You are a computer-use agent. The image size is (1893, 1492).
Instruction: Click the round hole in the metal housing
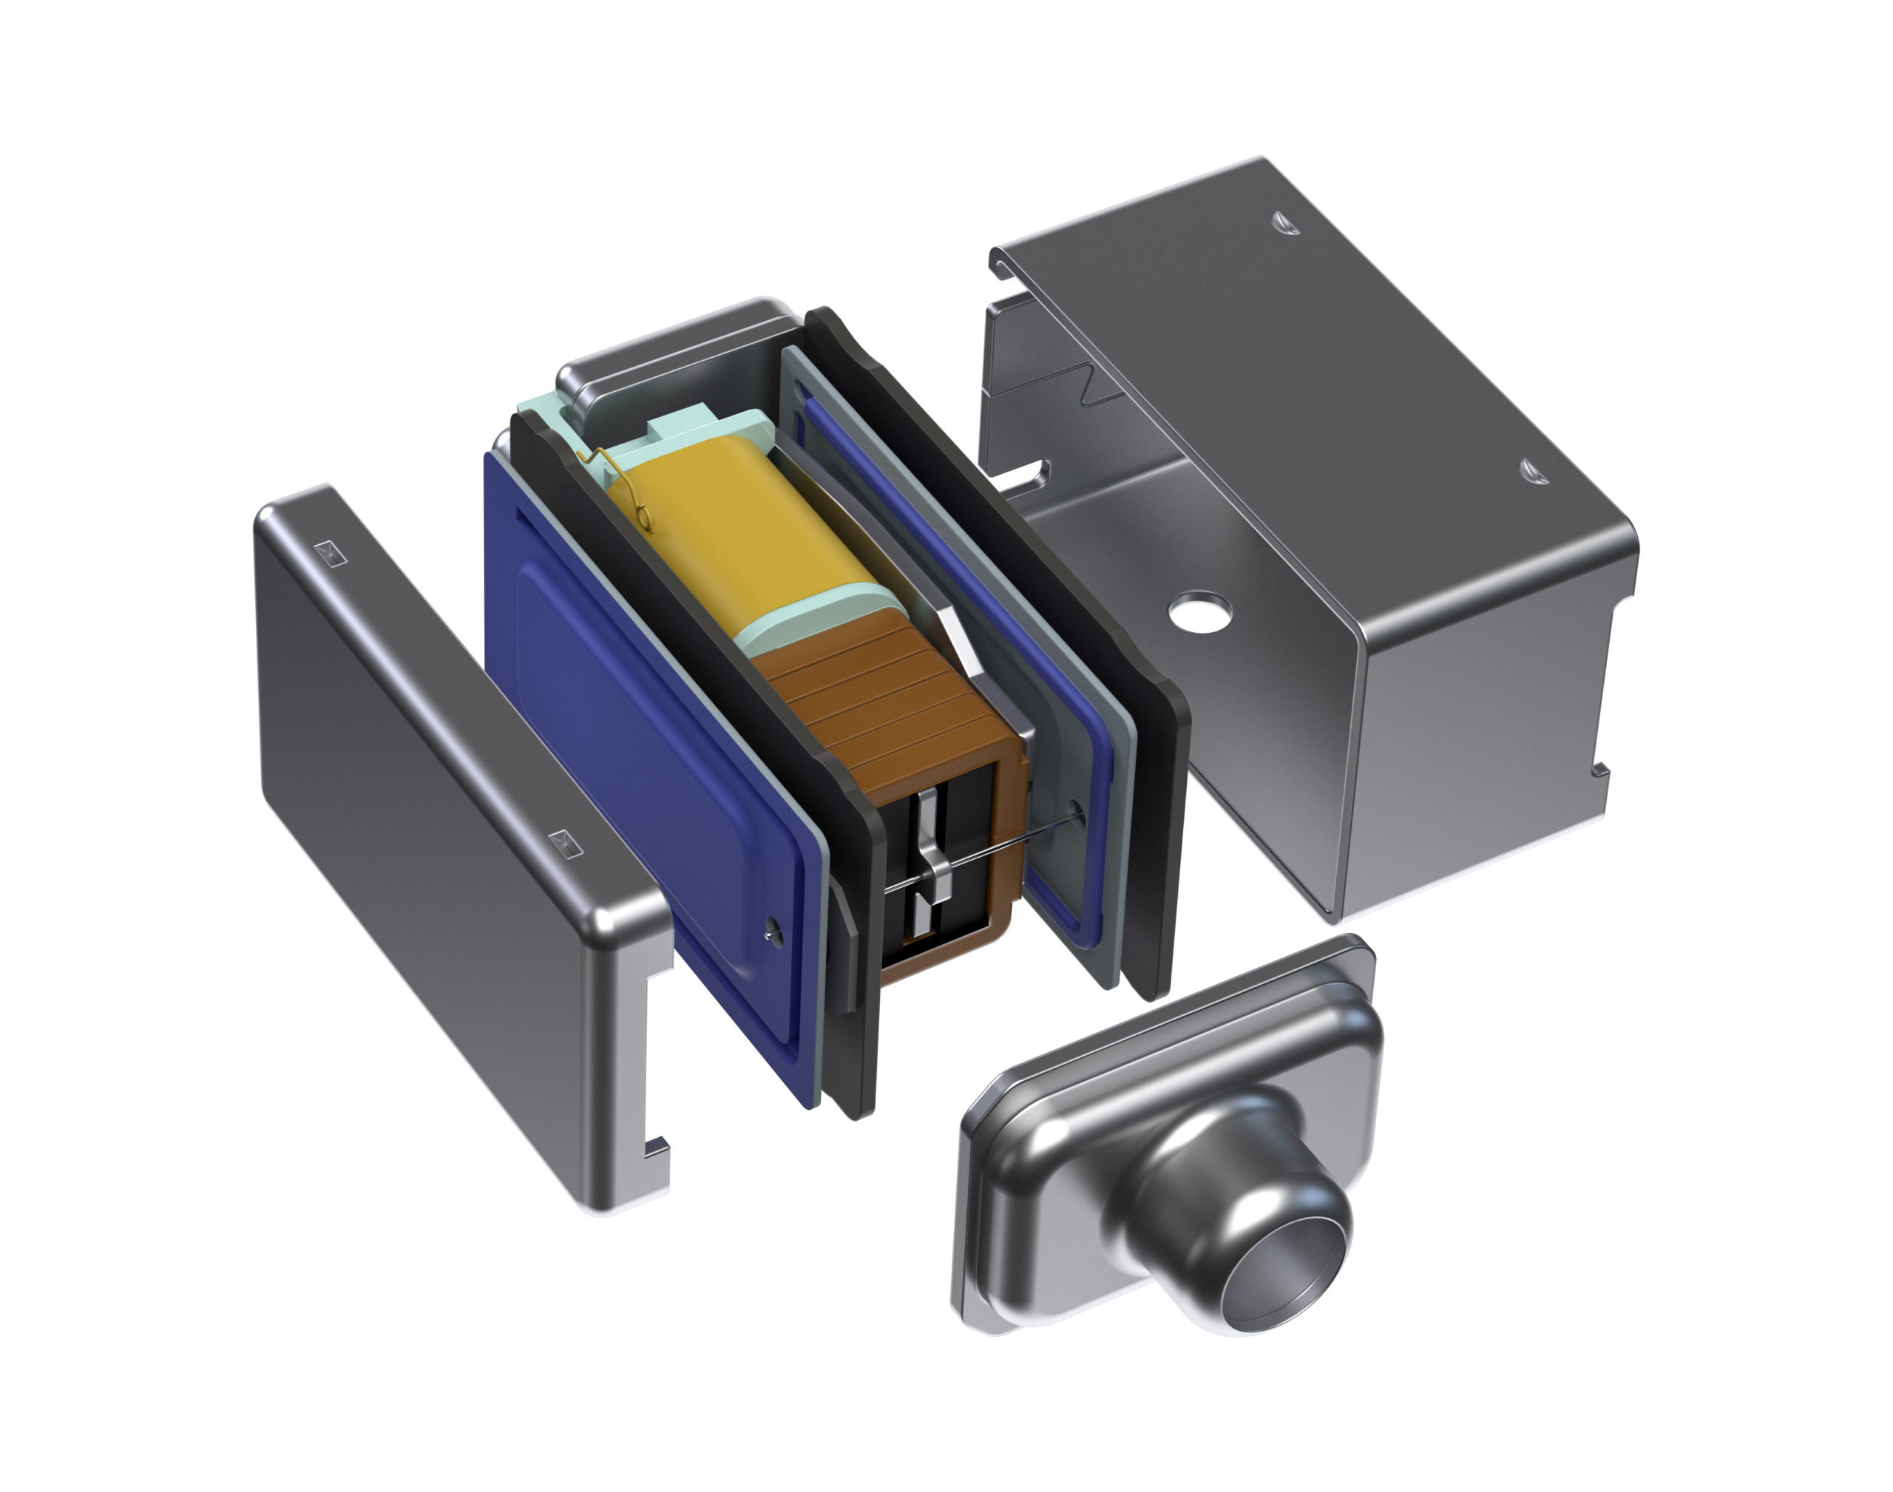tap(1201, 611)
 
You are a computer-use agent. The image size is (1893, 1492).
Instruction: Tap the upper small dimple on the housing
tap(1285, 222)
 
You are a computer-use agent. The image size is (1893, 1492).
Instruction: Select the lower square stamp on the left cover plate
tap(564, 842)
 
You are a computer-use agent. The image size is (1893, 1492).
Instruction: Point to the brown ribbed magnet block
tap(882, 699)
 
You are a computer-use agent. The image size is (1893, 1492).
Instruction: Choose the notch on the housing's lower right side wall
tap(1599, 769)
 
